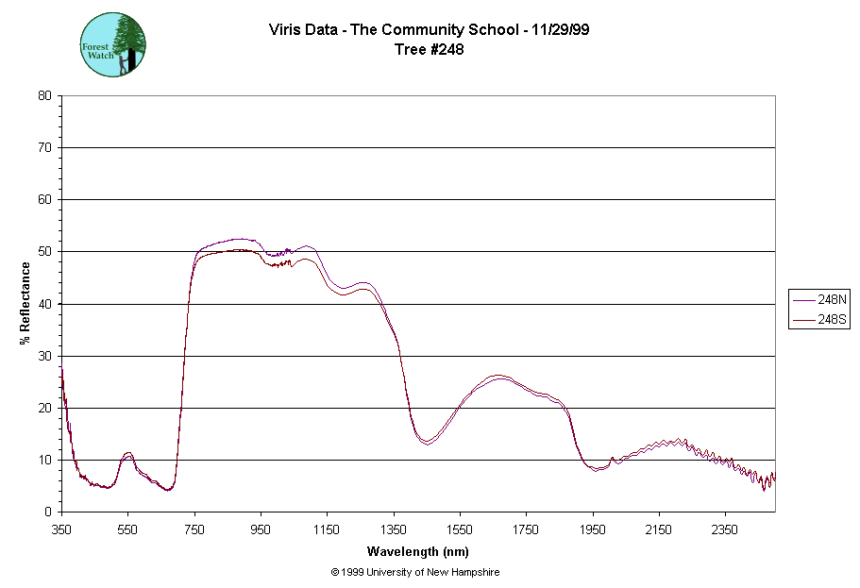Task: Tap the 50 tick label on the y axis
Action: coord(44,252)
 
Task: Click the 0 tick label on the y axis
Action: coord(48,512)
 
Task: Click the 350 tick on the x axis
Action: coord(61,529)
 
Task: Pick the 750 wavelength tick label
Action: coord(194,529)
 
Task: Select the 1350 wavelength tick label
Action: coord(394,529)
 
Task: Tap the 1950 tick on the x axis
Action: coord(593,529)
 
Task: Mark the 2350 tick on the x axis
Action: coord(725,529)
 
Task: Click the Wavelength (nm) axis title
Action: coord(419,551)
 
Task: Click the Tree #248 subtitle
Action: coord(429,50)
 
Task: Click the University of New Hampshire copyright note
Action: coord(415,572)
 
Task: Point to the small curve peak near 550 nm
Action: coord(128,454)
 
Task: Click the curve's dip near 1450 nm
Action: coord(428,442)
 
